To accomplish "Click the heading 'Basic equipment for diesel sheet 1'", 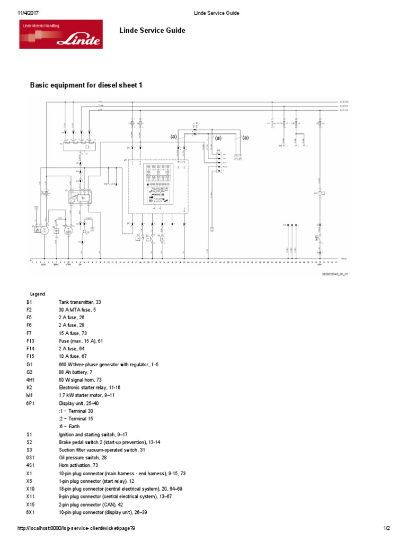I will pos(85,85).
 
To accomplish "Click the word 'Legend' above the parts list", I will pos(37,294).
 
